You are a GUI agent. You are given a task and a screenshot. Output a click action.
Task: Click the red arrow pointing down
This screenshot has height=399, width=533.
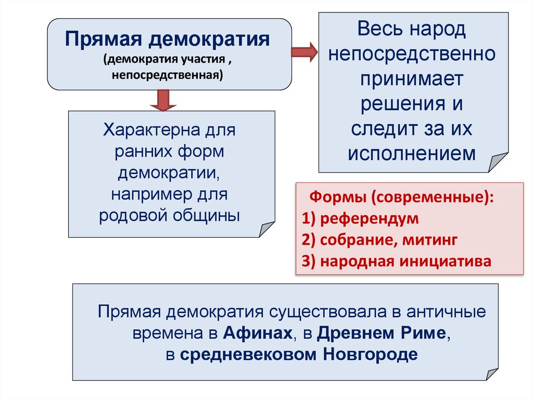163,100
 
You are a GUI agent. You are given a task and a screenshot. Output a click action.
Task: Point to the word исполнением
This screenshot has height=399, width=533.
411,153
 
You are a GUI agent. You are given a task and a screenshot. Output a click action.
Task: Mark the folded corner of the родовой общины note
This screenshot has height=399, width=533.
266,228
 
